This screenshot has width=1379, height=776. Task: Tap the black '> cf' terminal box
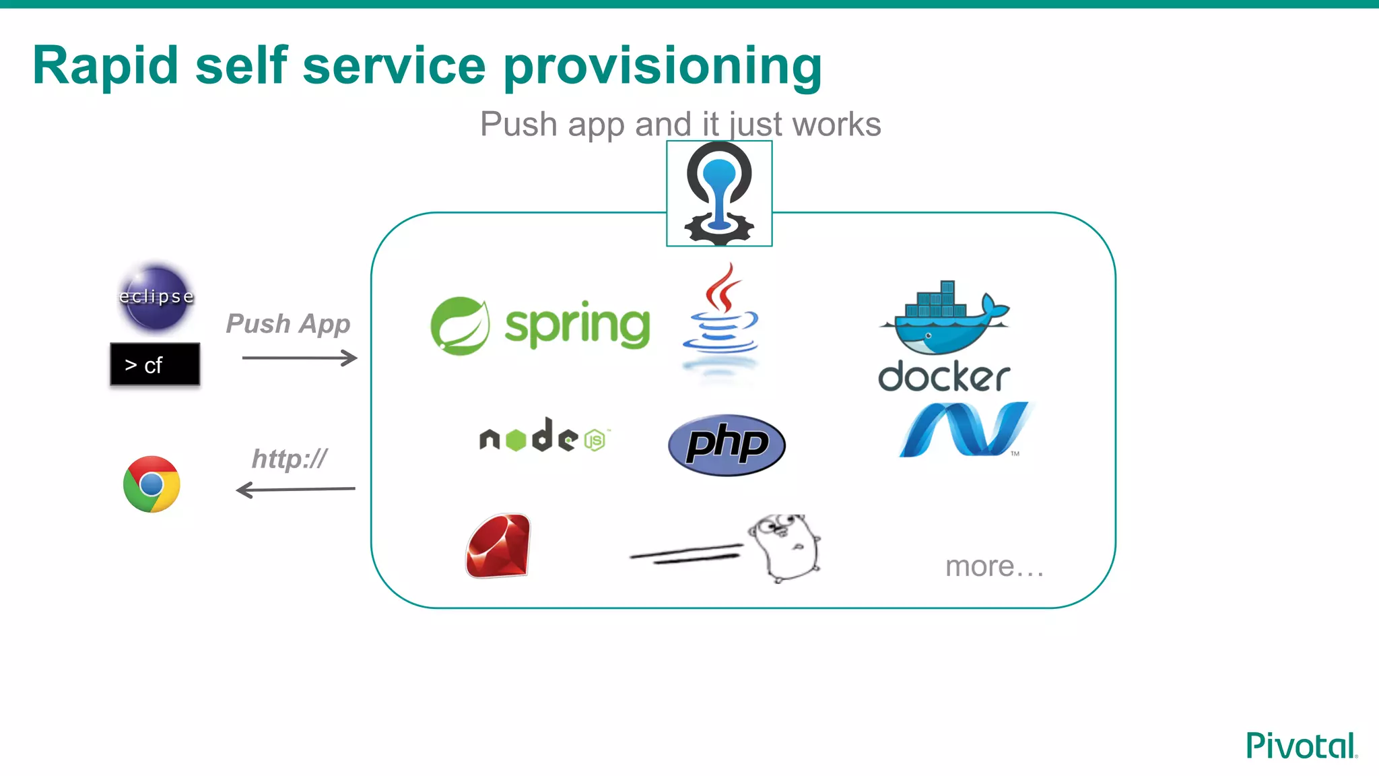155,364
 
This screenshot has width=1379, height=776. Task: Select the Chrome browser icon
152,484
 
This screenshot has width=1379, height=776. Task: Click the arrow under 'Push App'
299,358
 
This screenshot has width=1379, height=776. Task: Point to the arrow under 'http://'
296,490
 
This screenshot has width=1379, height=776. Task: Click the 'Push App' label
288,324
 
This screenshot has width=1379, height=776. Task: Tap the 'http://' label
290,459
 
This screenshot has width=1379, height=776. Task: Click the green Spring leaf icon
460,326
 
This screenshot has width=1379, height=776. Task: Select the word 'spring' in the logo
578,326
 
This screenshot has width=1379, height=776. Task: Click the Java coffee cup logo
720,317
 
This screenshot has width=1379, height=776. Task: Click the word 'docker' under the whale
944,376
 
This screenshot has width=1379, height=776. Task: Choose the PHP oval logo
727,445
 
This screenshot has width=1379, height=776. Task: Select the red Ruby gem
498,546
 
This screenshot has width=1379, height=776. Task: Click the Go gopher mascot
784,547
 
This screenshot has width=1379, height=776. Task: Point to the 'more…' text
994,567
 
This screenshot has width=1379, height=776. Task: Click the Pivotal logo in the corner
1301,746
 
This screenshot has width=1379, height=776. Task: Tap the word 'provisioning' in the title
663,66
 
